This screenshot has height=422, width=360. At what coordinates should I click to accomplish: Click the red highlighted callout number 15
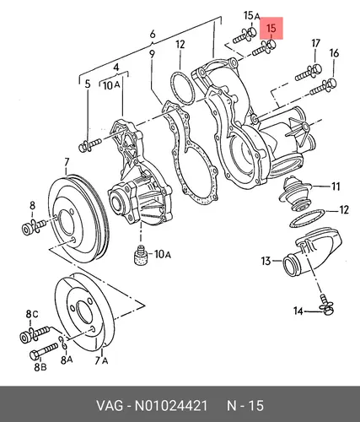coord(271,29)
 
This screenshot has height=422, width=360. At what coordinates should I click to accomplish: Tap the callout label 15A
coord(251,15)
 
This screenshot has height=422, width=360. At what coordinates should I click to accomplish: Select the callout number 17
coord(316,43)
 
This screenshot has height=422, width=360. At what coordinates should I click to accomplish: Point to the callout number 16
coord(334,53)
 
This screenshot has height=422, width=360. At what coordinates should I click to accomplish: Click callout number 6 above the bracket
coord(153,34)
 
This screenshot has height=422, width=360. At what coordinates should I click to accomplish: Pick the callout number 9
coord(152,54)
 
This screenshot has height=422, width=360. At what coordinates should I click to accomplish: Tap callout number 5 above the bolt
coord(88,84)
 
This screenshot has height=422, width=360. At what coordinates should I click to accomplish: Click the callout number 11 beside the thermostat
coord(336,187)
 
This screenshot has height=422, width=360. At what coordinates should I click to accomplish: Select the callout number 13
coord(266,261)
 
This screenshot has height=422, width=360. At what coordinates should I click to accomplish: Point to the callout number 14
coord(298,311)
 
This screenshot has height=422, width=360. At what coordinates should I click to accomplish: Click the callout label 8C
coord(32,314)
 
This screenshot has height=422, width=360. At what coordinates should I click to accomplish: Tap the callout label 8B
coord(40,366)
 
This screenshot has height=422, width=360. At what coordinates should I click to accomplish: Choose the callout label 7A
coord(101,360)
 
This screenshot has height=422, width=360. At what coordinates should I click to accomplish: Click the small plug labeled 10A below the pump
coord(140,255)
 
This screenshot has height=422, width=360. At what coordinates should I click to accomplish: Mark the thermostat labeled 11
coord(295,194)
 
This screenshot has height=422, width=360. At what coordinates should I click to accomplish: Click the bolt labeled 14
coord(327,305)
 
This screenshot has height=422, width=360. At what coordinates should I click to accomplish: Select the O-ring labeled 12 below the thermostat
coord(308,218)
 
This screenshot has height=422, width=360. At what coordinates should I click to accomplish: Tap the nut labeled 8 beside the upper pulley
coord(27,229)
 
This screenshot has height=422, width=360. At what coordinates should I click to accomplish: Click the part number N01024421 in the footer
coord(171,406)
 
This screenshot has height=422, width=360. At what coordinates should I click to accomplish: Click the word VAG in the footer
coord(110,406)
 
